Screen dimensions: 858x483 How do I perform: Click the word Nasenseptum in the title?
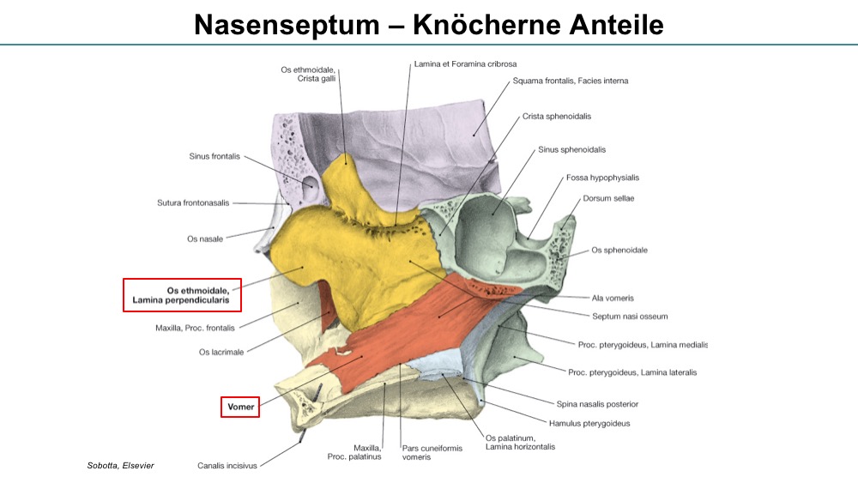287,25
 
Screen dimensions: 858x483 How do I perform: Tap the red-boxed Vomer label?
240,407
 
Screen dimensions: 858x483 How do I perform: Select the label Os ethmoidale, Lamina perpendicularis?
181,295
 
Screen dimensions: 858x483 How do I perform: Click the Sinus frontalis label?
214,156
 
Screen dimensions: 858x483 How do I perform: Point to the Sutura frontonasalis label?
193,203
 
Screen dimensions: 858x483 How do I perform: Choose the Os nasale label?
205,239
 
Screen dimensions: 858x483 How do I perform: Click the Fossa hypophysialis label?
602,178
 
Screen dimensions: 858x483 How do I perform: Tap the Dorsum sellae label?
608,198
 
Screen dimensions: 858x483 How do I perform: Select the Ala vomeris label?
613,298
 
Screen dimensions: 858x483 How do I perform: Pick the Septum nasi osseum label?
630,317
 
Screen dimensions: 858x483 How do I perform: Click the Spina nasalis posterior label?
597,404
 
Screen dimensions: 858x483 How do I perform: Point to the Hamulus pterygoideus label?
589,424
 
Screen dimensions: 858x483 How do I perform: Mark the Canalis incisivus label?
227,466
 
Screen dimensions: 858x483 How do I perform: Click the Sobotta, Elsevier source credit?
120,466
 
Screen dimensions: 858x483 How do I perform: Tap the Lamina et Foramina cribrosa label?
465,64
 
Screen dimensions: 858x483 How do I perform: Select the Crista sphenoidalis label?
557,117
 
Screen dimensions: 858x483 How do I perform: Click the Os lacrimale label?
221,353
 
